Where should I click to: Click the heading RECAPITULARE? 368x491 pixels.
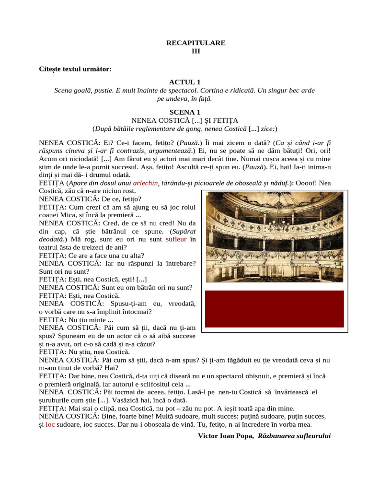pos(195,43)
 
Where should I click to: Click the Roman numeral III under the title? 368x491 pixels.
pos(195,51)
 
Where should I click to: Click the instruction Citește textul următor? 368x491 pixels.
pos(75,69)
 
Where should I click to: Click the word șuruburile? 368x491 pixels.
pos(57,400)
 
